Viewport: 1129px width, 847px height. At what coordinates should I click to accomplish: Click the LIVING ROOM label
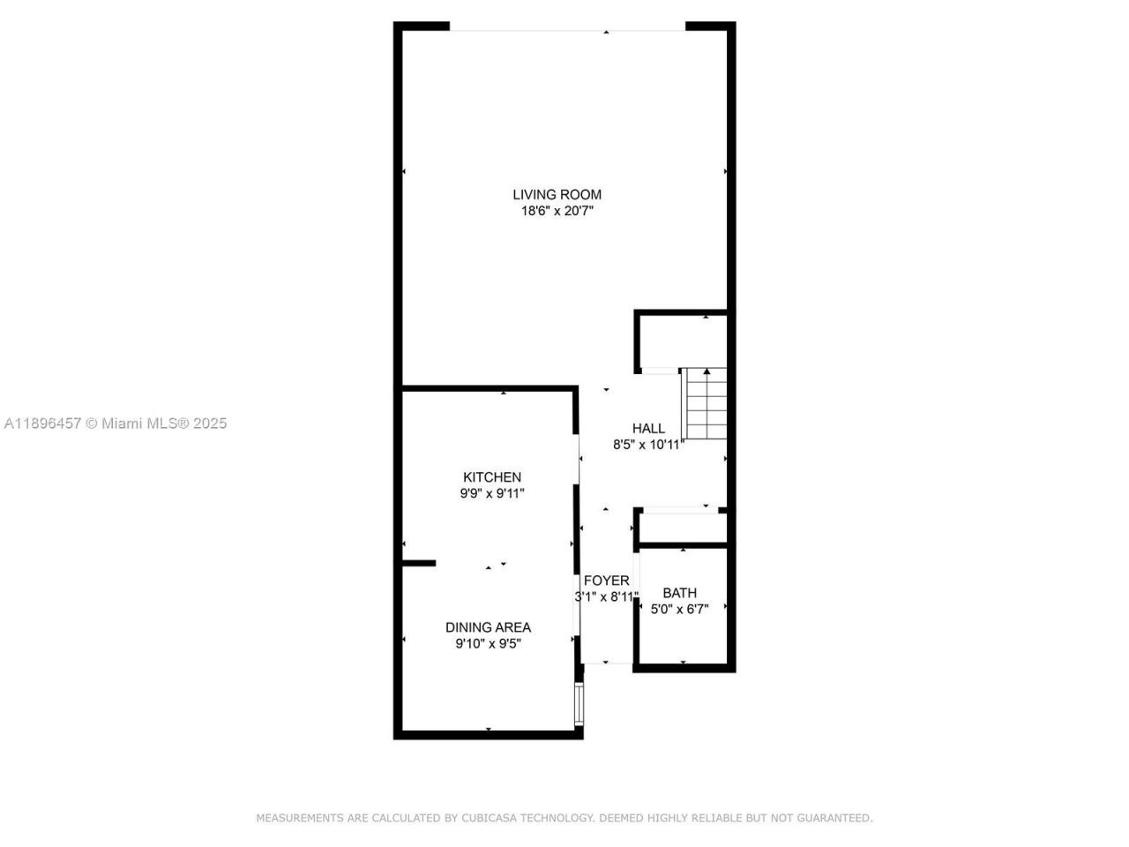[x=557, y=195]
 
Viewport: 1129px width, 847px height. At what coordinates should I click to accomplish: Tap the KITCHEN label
[x=492, y=477]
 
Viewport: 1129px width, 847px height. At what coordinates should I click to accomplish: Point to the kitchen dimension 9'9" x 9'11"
[x=492, y=494]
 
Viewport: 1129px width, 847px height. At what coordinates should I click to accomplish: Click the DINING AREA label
[x=488, y=627]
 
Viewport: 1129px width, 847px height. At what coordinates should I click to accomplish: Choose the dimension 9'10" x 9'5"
[x=488, y=644]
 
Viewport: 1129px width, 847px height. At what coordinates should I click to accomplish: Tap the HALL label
[x=648, y=429]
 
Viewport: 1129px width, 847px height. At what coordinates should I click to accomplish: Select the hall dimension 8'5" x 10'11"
[x=648, y=446]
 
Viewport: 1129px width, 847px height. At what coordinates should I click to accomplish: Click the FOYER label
[x=606, y=581]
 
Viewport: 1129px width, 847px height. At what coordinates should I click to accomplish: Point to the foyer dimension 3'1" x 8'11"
[x=606, y=597]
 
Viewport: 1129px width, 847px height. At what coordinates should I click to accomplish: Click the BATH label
[x=679, y=593]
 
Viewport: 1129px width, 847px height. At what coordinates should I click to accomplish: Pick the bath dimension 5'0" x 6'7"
[x=679, y=610]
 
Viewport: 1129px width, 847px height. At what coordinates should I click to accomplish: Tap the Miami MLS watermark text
[x=116, y=423]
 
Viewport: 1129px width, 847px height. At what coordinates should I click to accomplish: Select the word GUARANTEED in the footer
[x=834, y=819]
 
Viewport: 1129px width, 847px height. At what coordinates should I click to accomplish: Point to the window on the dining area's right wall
[x=579, y=703]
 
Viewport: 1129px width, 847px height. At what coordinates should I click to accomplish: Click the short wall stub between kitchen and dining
[x=419, y=563]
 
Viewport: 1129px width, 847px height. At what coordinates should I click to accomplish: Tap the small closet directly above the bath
[x=682, y=528]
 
